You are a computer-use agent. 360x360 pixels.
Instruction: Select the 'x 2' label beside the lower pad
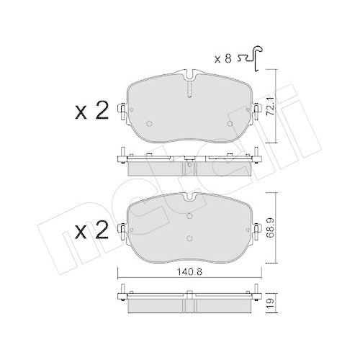click(92, 231)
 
